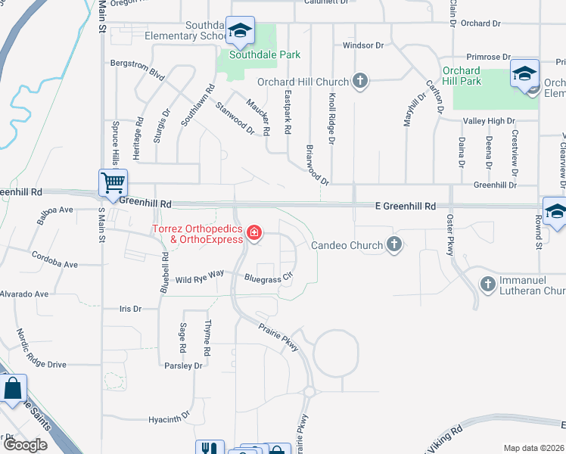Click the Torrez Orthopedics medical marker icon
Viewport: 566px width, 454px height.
[x=255, y=233]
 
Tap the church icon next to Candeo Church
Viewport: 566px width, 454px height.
[x=393, y=244]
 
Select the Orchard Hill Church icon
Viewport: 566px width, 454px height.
[x=359, y=82]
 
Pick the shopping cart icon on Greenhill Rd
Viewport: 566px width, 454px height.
[x=113, y=182]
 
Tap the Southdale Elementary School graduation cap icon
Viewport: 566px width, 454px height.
[x=241, y=31]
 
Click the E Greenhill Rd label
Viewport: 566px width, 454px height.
[x=406, y=206]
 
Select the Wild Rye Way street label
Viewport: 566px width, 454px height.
[x=200, y=279]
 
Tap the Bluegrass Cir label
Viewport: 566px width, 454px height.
[x=268, y=278]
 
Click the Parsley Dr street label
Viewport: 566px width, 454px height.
[x=183, y=365]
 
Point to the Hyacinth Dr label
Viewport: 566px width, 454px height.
[x=169, y=418]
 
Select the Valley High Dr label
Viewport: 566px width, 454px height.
[x=489, y=120]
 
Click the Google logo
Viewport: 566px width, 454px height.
[x=25, y=445]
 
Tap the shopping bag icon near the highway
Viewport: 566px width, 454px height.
[x=14, y=390]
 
